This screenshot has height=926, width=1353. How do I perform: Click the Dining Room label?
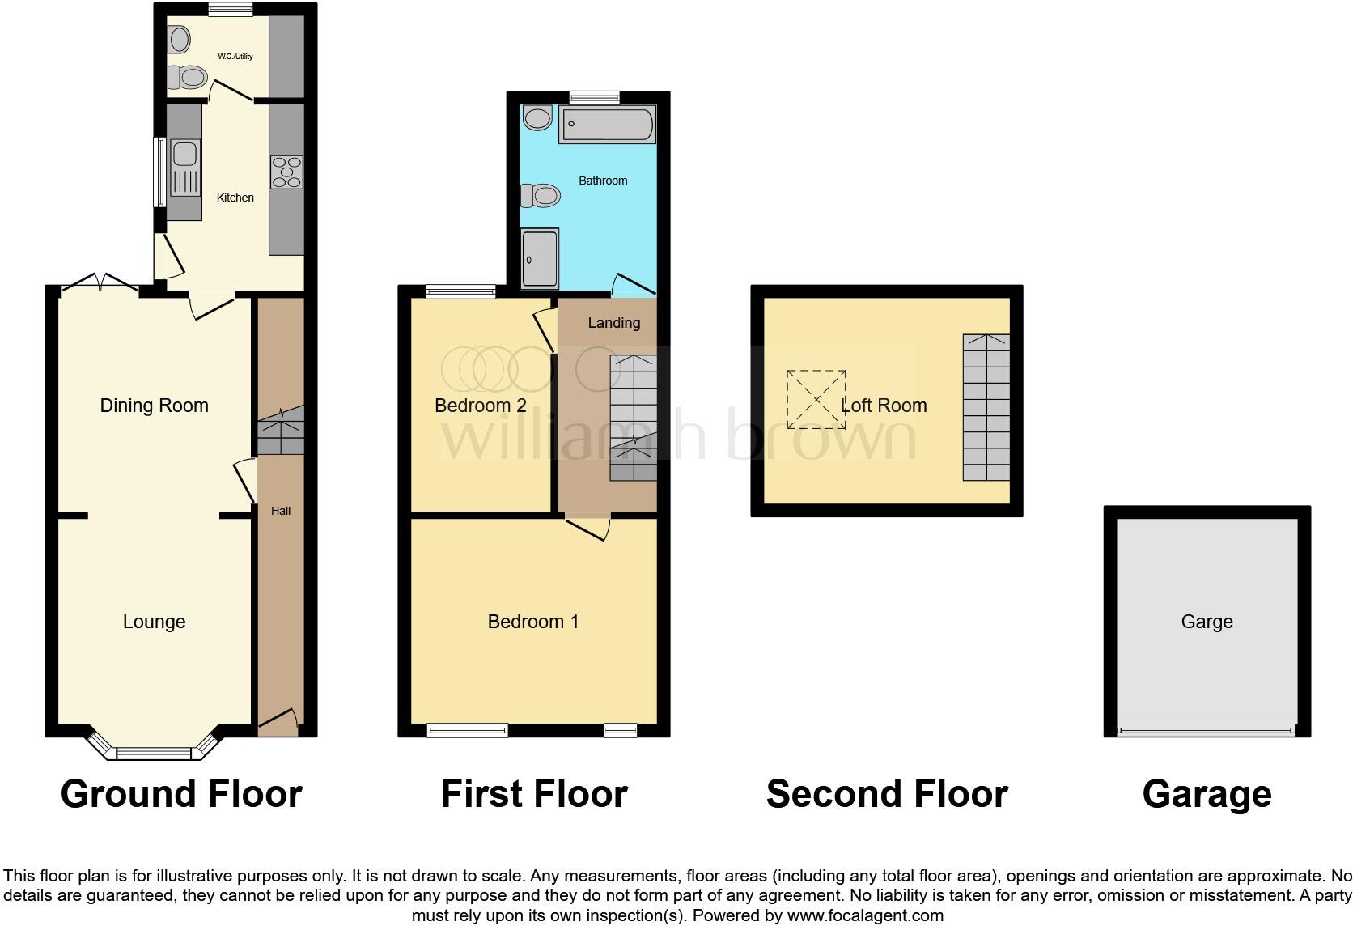(154, 406)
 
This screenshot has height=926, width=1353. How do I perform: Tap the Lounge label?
(154, 622)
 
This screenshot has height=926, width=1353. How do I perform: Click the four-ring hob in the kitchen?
(286, 172)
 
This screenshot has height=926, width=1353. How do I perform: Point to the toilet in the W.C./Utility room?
(187, 78)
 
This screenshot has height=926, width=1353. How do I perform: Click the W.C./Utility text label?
(235, 57)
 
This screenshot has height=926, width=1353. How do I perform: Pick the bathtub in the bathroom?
(607, 125)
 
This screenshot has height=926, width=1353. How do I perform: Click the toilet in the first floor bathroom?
(541, 195)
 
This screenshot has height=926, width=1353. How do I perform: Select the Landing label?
(613, 323)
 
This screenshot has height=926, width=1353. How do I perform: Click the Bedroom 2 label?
(481, 406)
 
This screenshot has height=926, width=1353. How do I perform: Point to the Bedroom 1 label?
(533, 622)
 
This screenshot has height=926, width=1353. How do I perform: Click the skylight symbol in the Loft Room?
(816, 400)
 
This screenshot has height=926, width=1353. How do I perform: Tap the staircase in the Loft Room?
(986, 407)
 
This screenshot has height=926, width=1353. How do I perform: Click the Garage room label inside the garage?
(1207, 622)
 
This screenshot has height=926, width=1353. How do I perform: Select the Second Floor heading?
(887, 794)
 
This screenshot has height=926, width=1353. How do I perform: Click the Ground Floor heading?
(181, 794)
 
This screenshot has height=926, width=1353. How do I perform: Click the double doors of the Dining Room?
(100, 283)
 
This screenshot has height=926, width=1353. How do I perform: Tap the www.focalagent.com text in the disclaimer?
(865, 916)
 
